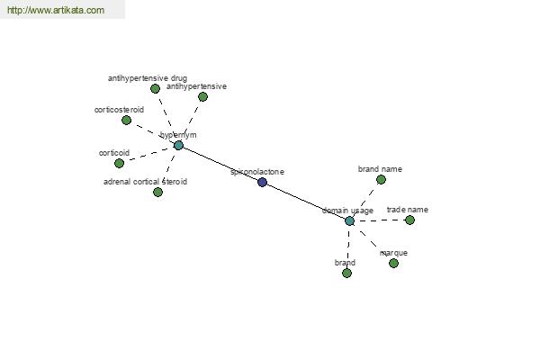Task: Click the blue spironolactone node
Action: pyautogui.click(x=263, y=182)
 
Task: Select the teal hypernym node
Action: pyautogui.click(x=178, y=146)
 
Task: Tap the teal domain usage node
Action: pyautogui.click(x=349, y=220)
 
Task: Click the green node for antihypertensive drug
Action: pyautogui.click(x=155, y=89)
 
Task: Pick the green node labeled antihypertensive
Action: pyautogui.click(x=202, y=97)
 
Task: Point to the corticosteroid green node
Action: pyautogui.click(x=126, y=121)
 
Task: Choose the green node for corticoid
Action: pyautogui.click(x=119, y=163)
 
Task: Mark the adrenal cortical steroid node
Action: pyautogui.click(x=157, y=192)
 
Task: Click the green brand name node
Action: pyautogui.click(x=381, y=179)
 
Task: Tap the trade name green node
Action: pyautogui.click(x=409, y=220)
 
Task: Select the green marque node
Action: pyautogui.click(x=393, y=263)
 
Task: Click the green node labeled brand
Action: pyautogui.click(x=346, y=274)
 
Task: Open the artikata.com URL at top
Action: pyautogui.click(x=56, y=10)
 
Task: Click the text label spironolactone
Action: pyautogui.click(x=257, y=172)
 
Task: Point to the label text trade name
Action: pyautogui.click(x=408, y=210)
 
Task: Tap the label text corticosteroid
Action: pyautogui.click(x=119, y=110)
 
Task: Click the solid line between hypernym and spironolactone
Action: pyautogui.click(x=220, y=164)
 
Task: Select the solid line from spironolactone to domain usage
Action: pyautogui.click(x=306, y=202)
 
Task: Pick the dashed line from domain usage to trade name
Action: pyautogui.click(x=380, y=220)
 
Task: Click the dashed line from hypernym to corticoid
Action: pyautogui.click(x=148, y=154)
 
